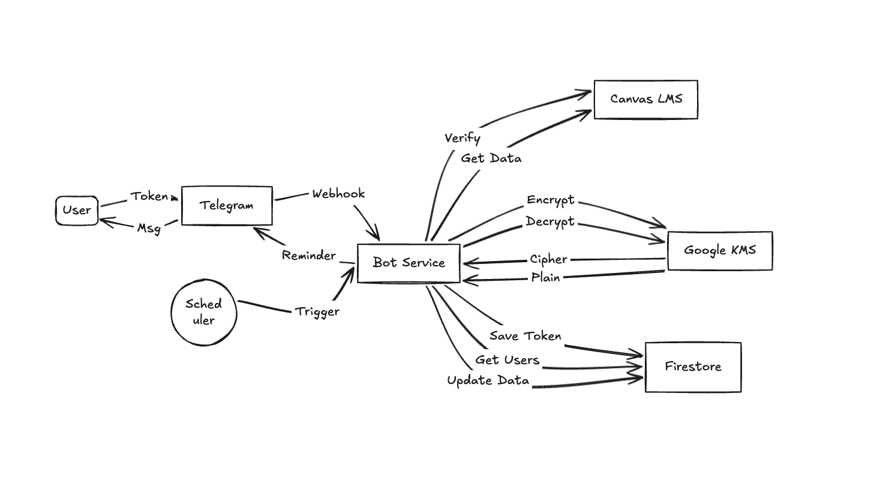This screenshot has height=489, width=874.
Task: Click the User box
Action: coord(77,211)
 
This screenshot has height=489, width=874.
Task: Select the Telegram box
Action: coord(227,206)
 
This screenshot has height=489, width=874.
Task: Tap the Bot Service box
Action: coord(409,263)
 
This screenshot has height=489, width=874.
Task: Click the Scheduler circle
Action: coord(204,312)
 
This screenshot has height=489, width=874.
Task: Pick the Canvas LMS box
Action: coord(645,100)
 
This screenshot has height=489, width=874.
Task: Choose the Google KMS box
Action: coord(719,251)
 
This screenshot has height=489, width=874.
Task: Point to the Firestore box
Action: coord(693,367)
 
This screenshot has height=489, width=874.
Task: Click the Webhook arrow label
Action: coord(338,194)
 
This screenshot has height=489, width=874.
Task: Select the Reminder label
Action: coord(309,256)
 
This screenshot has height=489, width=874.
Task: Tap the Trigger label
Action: coord(317,311)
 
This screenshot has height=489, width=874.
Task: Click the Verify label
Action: coord(462,138)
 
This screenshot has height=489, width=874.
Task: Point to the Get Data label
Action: coord(491,158)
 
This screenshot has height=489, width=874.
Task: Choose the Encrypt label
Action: coord(551,200)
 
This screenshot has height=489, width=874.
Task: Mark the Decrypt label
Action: coord(550,222)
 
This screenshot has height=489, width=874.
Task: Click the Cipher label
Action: coord(548,259)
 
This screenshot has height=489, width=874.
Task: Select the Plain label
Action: coord(545,278)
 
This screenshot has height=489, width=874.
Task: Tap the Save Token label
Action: coord(525,336)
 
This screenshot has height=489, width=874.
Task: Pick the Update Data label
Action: coord(488,381)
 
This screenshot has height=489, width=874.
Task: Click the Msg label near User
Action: coord(149,228)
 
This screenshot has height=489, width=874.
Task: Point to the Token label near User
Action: coord(149,197)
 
